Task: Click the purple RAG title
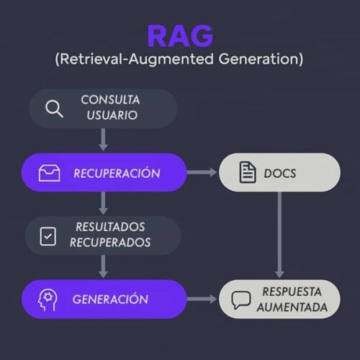pos(180,36)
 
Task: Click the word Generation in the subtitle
pos(259,59)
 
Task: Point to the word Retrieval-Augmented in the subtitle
pos(137,59)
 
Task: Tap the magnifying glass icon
pos(54,109)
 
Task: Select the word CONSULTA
pos(110,100)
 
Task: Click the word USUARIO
pos(112,115)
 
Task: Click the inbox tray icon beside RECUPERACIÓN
pos(49,173)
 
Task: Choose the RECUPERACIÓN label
pos(117,172)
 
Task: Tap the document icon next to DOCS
pos(248,173)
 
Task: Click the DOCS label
pos(280,174)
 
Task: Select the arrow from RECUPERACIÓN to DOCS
pos(202,172)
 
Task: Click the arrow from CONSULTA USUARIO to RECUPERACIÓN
pos(103,140)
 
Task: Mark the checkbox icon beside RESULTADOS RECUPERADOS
pos(48,236)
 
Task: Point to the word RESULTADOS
pos(110,227)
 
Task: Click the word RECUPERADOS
pos(110,243)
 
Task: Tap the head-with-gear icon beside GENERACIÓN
pos(48,300)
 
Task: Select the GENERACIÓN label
pos(110,299)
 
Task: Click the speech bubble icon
pos(241,300)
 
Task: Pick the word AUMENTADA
pos(292,307)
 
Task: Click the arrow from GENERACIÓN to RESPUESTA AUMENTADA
pos(202,299)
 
